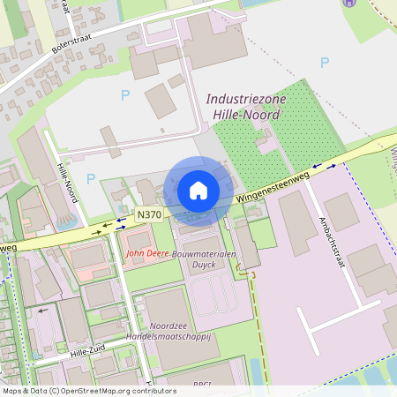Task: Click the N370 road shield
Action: coord(149,214)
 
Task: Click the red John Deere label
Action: coord(146,253)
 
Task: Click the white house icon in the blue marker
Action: coord(198,191)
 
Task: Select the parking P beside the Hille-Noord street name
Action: coord(91,178)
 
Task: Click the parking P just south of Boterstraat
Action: coord(124,94)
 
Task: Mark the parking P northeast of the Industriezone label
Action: coord(324,63)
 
